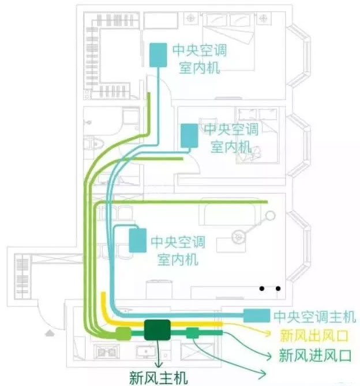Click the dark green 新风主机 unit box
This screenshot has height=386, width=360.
point(157,330)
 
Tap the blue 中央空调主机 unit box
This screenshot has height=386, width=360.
point(257,316)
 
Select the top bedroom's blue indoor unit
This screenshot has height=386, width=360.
point(158,55)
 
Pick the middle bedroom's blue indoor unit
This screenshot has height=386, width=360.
point(189,136)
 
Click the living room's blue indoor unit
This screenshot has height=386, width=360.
point(138,240)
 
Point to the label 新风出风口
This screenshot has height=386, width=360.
point(314,336)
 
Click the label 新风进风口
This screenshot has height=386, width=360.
point(315,355)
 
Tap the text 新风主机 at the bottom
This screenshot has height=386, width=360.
point(159,377)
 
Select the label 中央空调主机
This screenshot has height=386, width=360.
point(315,317)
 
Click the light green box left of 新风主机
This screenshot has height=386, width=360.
point(123,334)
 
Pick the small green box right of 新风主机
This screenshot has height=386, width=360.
point(193,333)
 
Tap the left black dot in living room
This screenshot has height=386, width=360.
point(262,288)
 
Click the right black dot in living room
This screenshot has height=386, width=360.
point(278,288)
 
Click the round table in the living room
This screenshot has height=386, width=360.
point(239,237)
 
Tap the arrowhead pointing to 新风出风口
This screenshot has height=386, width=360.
point(268,334)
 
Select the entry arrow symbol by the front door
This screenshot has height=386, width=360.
point(50,333)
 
